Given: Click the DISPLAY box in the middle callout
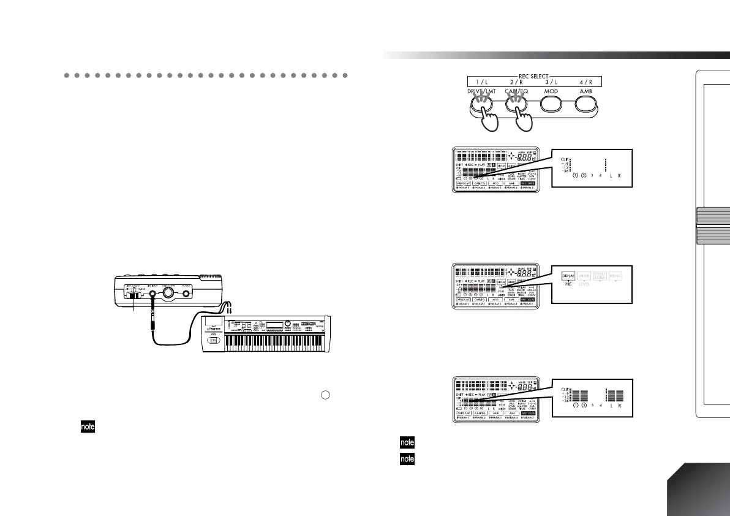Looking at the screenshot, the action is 568,277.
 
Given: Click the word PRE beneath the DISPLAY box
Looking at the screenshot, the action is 568,286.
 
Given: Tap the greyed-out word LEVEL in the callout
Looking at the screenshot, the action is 587,286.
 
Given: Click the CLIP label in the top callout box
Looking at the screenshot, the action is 564,158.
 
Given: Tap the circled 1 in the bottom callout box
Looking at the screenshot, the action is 576,406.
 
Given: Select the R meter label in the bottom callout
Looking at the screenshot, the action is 619,406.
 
